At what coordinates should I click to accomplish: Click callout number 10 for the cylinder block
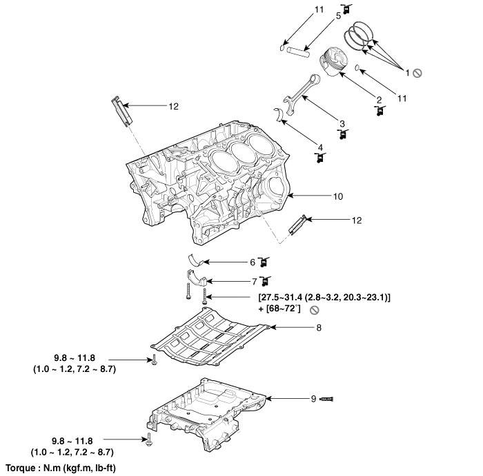(x=337, y=196)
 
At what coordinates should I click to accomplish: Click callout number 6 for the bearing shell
(x=253, y=262)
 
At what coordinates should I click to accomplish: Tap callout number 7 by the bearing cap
(x=254, y=281)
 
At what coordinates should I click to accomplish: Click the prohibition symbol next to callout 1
(x=417, y=72)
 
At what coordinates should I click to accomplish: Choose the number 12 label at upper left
(x=173, y=106)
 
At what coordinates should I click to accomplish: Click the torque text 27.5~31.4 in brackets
(x=279, y=296)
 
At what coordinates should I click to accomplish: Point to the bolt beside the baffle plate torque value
(x=153, y=359)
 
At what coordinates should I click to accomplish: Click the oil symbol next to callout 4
(x=319, y=158)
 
